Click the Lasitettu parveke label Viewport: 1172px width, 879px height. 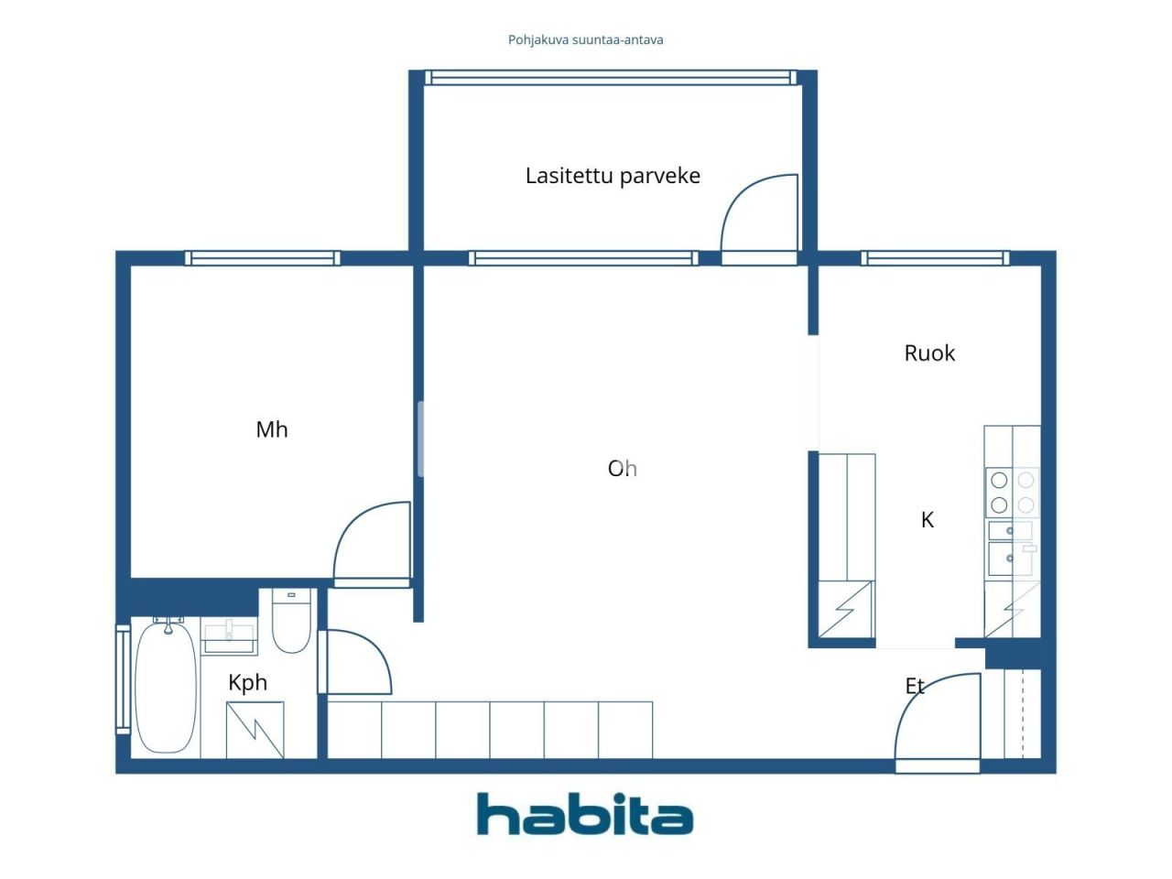[613, 176]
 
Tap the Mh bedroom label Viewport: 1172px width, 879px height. [271, 429]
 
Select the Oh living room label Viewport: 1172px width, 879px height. [622, 469]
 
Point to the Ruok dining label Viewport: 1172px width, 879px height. [929, 353]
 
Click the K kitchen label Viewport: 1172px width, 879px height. [928, 520]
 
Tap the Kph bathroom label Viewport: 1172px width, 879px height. [247, 682]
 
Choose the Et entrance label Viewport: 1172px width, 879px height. [915, 686]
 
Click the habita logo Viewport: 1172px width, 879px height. [585, 814]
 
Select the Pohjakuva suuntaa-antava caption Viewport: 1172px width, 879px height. [586, 40]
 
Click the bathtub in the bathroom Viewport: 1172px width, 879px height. [166, 687]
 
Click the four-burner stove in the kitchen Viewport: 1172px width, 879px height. [1012, 493]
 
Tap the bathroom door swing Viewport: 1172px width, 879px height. [358, 661]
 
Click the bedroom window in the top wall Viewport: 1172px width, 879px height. [263, 258]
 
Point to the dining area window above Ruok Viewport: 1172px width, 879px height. [935, 258]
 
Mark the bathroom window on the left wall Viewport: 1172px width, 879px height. [122, 678]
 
